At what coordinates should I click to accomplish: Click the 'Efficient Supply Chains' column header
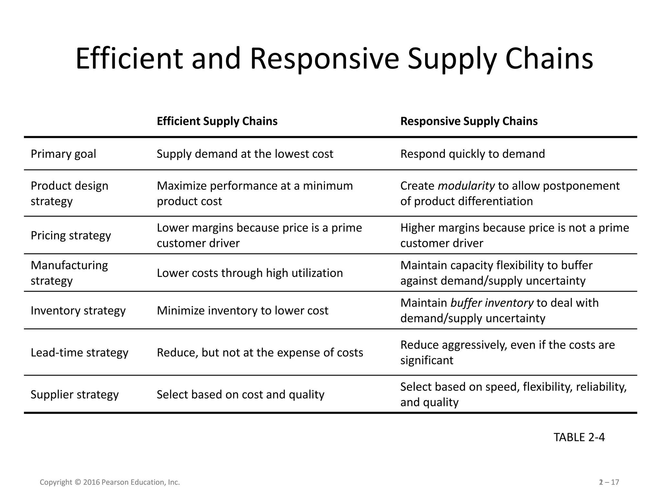[217, 121]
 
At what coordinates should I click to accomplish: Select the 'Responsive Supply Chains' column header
[469, 121]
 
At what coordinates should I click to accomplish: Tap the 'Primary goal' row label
[63, 154]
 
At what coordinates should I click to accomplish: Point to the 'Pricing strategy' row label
[71, 236]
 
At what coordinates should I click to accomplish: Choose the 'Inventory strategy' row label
[78, 311]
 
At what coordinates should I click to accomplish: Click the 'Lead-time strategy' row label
[79, 353]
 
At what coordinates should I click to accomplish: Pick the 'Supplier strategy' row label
[74, 395]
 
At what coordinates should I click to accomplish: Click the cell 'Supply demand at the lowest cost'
[245, 154]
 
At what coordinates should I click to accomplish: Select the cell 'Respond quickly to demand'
[472, 154]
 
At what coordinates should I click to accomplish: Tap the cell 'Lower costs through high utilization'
[250, 273]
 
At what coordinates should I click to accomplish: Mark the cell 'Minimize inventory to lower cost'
[242, 311]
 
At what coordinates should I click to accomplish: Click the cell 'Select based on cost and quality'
[240, 395]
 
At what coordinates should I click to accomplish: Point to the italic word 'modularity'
[466, 186]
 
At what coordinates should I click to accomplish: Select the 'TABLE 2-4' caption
[579, 437]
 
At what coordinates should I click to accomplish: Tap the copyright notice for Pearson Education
[110, 482]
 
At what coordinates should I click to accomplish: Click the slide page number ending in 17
[609, 482]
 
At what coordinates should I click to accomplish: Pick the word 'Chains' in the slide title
[549, 59]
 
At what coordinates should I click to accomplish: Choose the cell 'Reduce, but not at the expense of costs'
[260, 353]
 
